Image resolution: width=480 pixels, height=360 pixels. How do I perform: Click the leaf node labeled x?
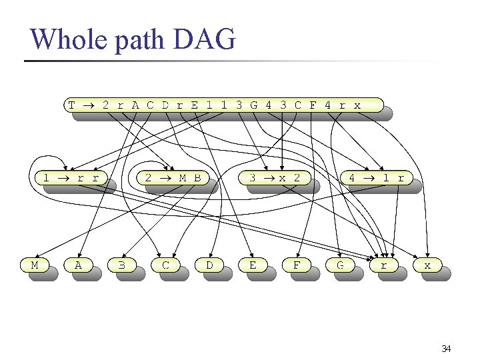(427, 265)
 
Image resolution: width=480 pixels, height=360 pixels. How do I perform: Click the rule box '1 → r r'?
(71, 178)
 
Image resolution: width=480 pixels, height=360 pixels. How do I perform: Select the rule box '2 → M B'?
(173, 178)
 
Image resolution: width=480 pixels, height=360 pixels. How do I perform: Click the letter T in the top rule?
(71, 105)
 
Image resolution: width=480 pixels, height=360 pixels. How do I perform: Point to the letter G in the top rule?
(254, 105)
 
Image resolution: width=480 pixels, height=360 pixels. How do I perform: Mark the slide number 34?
(446, 349)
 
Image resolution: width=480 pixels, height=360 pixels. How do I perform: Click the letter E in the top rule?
(194, 105)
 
